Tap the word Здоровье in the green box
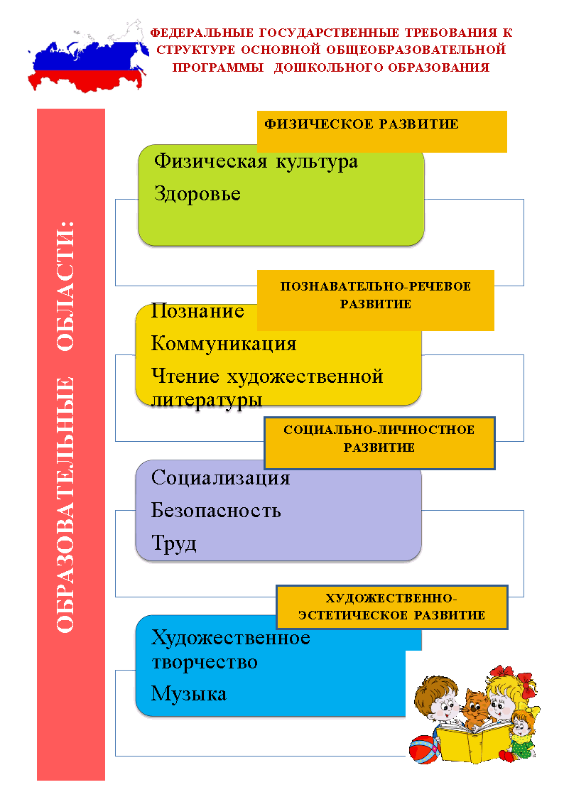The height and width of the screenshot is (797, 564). (x=197, y=194)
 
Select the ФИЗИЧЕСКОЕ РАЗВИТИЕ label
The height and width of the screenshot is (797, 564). (x=362, y=124)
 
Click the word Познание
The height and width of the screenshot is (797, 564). (x=197, y=310)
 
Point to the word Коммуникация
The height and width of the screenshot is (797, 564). (x=224, y=343)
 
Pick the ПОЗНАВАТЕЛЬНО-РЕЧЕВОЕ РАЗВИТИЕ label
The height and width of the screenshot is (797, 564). (x=376, y=295)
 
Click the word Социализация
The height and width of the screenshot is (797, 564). (x=220, y=478)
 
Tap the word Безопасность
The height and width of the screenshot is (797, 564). (x=216, y=510)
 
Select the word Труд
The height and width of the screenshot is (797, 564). (x=174, y=543)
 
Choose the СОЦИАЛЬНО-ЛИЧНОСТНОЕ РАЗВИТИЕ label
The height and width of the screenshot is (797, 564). (x=379, y=439)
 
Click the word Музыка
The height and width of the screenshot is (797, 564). (x=188, y=694)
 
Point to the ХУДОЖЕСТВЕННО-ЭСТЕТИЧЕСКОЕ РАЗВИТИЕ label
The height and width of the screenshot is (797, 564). (x=392, y=607)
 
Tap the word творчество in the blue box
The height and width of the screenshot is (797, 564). (x=205, y=662)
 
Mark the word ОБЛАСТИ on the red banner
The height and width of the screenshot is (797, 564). (x=65, y=286)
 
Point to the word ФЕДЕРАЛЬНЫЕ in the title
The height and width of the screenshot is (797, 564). (x=202, y=33)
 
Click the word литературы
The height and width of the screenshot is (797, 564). (x=207, y=400)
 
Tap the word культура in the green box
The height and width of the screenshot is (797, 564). (x=317, y=162)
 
